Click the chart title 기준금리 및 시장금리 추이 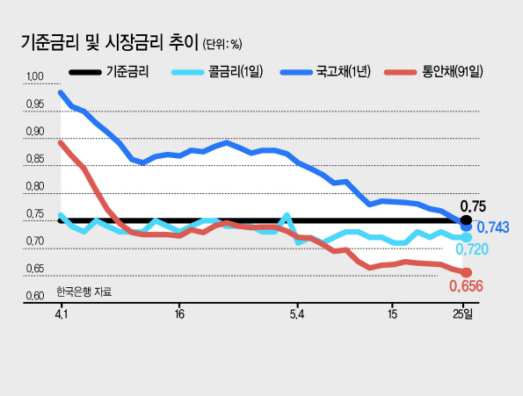[x=110, y=43]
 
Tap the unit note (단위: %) [x=222, y=44]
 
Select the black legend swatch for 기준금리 [x=85, y=72]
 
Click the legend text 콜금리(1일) [x=236, y=72]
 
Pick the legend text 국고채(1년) [x=344, y=72]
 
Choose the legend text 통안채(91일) [x=453, y=72]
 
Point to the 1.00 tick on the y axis [x=34, y=76]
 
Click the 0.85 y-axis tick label [x=35, y=159]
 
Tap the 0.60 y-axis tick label [x=35, y=296]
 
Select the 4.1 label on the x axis [x=62, y=314]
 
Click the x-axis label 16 [x=179, y=314]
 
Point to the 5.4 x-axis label [x=297, y=314]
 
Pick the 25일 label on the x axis [x=463, y=314]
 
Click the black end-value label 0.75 [x=473, y=206]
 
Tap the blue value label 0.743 [x=493, y=227]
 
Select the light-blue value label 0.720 [x=472, y=249]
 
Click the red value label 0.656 [x=466, y=286]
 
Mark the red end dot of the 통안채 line [x=466, y=273]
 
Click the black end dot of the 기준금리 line [x=466, y=220]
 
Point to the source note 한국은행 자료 [x=84, y=292]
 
